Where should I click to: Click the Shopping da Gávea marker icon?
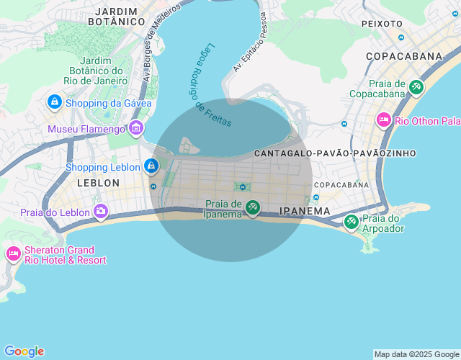click(54, 103)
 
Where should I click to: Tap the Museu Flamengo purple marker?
click(136, 129)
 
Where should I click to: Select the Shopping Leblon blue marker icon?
click(151, 167)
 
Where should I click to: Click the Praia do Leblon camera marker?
click(101, 212)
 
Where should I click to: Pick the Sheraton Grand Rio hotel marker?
click(14, 253)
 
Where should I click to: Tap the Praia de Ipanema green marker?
click(252, 208)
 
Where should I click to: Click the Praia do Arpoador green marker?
click(352, 222)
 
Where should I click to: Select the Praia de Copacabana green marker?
click(416, 88)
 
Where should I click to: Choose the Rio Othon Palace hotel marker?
click(383, 120)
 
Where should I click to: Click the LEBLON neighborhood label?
click(98, 183)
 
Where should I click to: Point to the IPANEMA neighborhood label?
click(305, 211)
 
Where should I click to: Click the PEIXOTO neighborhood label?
click(382, 24)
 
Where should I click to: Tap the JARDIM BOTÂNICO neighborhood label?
click(117, 17)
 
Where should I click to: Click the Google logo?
click(24, 351)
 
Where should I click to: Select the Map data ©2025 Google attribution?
click(416, 354)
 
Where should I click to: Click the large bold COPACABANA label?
click(403, 55)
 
